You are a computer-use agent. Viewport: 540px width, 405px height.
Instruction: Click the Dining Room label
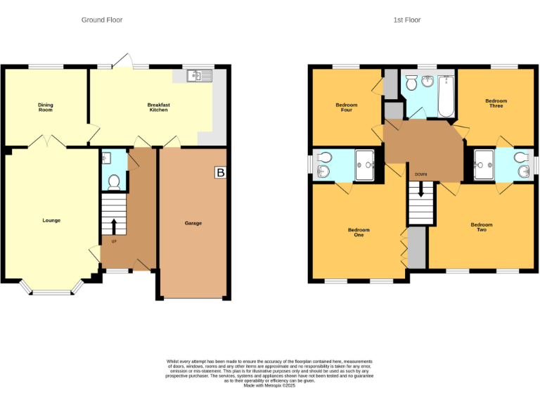(x=45, y=108)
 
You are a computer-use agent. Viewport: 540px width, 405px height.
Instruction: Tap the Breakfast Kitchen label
(x=158, y=108)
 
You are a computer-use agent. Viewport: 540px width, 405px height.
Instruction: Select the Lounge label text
(x=51, y=220)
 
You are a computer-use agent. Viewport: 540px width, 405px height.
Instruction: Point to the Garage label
(x=193, y=223)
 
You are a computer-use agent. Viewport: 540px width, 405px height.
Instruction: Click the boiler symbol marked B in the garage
(x=221, y=172)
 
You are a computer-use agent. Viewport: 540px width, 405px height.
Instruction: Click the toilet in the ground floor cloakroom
(x=114, y=181)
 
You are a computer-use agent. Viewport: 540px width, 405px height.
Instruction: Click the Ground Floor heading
(x=102, y=20)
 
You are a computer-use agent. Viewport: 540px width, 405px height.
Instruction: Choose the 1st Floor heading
(x=407, y=20)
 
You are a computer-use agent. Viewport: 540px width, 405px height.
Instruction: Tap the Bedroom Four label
(x=347, y=108)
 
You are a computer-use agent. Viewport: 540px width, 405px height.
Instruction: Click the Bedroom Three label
(x=496, y=103)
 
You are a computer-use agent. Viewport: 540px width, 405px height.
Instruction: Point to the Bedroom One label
(x=359, y=233)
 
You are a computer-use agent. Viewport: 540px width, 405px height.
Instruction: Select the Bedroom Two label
(x=482, y=227)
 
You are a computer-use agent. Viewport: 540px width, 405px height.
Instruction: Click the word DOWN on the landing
(x=420, y=174)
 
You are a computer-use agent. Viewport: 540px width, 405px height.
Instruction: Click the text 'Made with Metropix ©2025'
(x=269, y=385)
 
